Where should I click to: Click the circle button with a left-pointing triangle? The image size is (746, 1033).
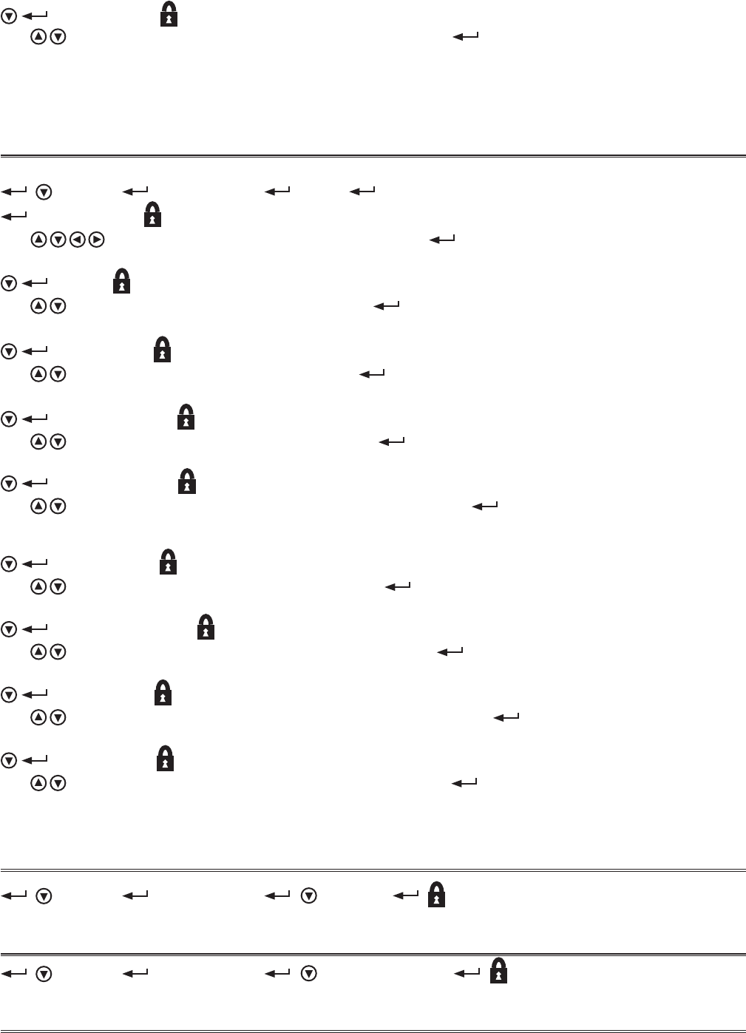(77, 240)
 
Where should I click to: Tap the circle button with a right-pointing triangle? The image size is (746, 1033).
(96, 240)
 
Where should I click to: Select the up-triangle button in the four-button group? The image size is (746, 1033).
(38, 240)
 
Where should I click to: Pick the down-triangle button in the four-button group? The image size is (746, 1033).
(58, 240)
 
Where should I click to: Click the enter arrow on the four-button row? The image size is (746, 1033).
(441, 240)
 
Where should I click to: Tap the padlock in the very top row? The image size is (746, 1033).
(169, 15)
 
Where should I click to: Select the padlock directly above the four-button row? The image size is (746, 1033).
(152, 215)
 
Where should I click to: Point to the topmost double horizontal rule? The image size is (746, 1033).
(373, 156)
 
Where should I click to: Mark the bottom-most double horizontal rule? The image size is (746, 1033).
(373, 1031)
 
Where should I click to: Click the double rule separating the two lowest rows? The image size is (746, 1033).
(373, 954)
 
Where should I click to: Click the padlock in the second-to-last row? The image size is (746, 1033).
(437, 894)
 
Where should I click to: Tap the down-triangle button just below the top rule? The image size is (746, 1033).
(44, 192)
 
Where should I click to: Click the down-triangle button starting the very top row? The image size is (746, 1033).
(9, 16)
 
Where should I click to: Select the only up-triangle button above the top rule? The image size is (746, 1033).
(38, 36)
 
